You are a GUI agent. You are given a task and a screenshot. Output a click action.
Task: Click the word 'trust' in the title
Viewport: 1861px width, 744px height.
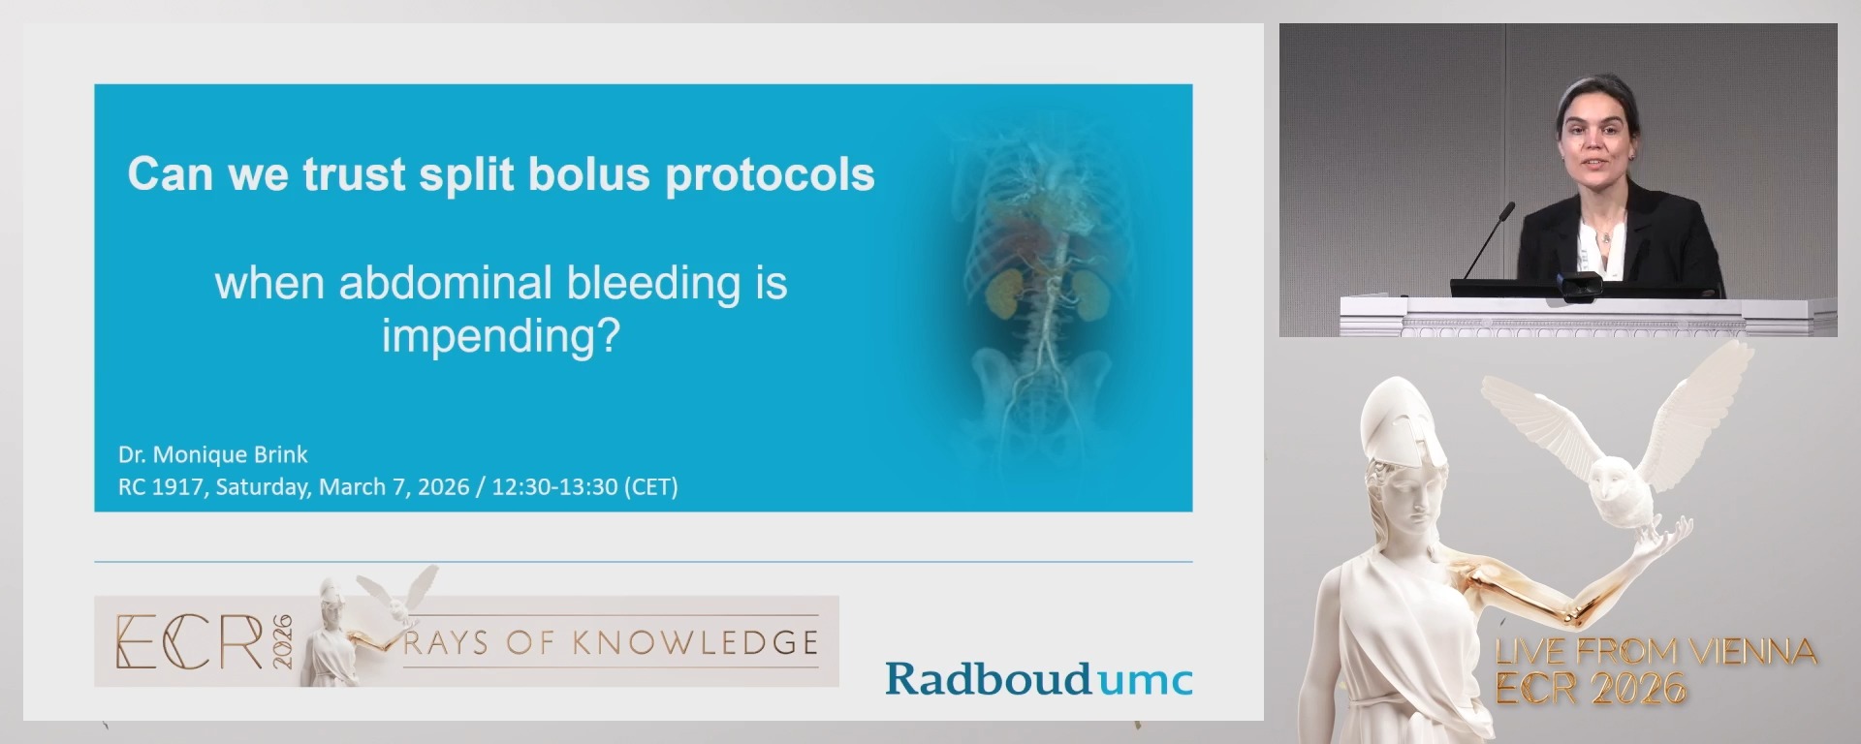pos(354,175)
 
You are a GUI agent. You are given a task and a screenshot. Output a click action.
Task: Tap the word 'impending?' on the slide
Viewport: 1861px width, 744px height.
pos(500,335)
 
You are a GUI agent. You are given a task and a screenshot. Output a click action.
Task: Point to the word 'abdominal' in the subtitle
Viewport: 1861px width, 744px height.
pos(447,283)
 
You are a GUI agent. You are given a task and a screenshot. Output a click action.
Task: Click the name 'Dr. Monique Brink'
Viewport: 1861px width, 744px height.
pos(212,454)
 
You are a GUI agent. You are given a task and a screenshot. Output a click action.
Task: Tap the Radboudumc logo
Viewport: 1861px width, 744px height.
pos(1038,678)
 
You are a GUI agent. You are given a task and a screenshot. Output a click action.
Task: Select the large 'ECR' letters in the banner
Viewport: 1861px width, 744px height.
pos(189,642)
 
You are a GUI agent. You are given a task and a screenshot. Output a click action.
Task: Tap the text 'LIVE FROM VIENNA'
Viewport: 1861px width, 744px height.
pos(1656,652)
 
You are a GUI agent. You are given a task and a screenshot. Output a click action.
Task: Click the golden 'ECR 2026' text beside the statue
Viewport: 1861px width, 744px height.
pos(1591,689)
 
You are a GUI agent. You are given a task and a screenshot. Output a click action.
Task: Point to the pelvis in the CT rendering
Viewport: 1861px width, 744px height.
pos(1042,383)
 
